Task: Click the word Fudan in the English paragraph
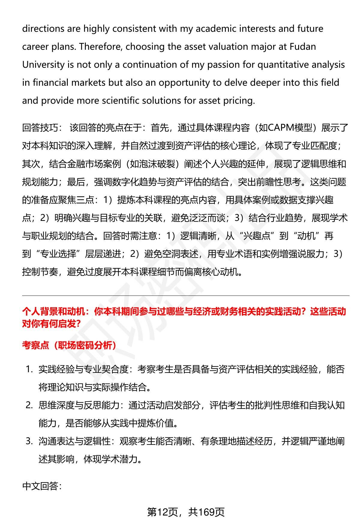pos(303,47)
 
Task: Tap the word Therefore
pos(99,47)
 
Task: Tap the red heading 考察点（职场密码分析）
pos(69,346)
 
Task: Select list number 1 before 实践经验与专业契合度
pos(29,370)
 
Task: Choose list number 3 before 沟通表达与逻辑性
pos(29,441)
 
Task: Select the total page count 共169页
pos(206,512)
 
